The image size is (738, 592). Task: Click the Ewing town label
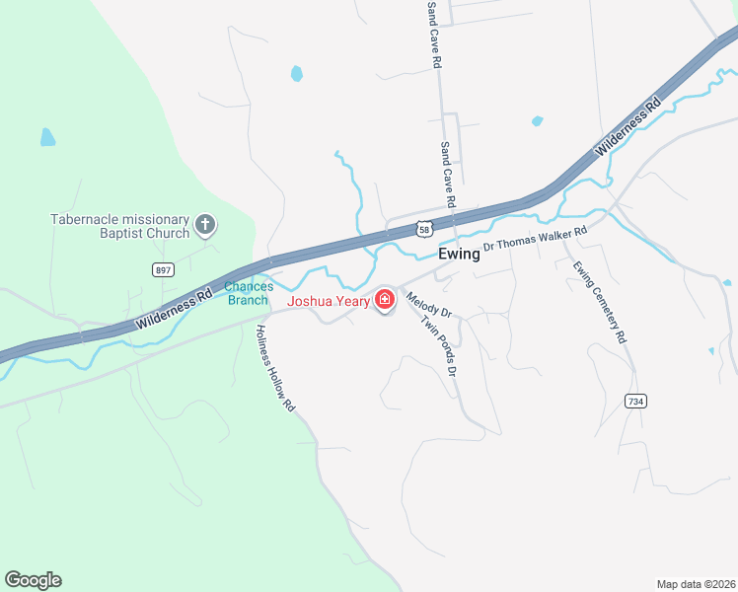[459, 253]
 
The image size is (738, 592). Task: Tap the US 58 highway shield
[423, 229]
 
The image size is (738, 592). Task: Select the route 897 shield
[163, 269]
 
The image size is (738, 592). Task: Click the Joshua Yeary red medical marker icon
[384, 299]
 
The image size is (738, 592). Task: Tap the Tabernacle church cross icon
[205, 226]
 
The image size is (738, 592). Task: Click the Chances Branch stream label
[248, 293]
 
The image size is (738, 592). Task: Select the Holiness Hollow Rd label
[275, 368]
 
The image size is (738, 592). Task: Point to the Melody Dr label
[428, 299]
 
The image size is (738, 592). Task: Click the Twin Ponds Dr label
[438, 346]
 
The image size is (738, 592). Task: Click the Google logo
[33, 579]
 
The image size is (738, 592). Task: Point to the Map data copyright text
[695, 583]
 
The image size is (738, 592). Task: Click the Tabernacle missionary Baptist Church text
[120, 226]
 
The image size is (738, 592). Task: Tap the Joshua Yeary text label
[329, 301]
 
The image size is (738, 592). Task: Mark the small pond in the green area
[47, 137]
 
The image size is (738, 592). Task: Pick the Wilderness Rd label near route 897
[176, 307]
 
